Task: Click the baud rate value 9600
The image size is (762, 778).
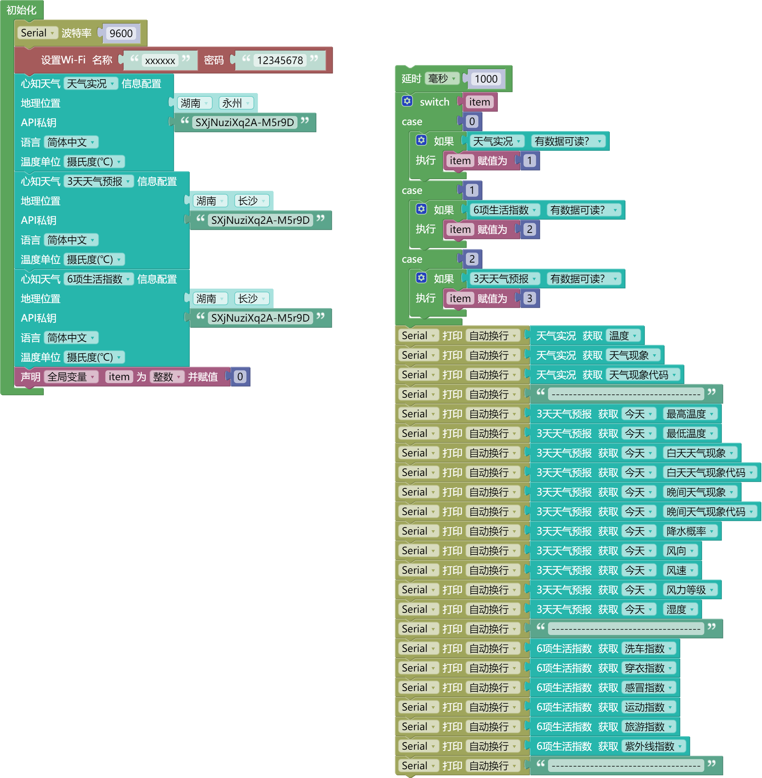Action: coord(121,33)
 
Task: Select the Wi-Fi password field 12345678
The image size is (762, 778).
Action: coord(280,60)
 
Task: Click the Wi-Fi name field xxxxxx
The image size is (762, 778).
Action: coord(160,60)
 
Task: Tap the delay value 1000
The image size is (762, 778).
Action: coord(486,79)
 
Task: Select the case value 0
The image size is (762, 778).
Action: coord(472,121)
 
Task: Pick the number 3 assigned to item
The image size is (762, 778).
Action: coord(530,298)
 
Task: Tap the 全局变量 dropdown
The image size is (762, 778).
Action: coord(71,377)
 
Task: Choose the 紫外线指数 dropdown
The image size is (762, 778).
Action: coord(654,746)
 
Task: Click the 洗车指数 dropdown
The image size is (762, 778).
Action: coord(648,649)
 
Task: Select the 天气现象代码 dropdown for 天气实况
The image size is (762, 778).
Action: coord(642,375)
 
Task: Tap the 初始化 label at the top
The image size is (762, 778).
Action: coord(22,10)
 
